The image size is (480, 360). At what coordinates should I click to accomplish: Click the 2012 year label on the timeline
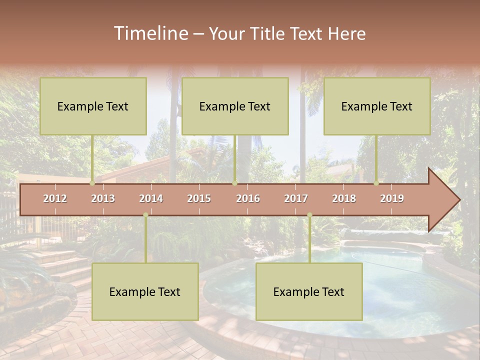click(55, 198)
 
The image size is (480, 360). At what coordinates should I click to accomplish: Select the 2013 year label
click(103, 198)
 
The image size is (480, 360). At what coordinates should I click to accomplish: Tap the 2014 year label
click(151, 198)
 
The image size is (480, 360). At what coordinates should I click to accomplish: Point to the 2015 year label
click(199, 198)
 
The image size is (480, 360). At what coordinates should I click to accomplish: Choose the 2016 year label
click(248, 198)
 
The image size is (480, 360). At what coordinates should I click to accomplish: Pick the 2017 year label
click(296, 198)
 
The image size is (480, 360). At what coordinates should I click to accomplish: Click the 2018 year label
click(344, 198)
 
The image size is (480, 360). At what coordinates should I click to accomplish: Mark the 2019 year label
click(392, 198)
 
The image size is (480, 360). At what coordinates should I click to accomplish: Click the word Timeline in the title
click(150, 33)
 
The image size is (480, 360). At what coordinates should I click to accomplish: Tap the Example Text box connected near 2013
click(93, 106)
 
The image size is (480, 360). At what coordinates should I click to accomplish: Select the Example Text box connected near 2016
click(235, 106)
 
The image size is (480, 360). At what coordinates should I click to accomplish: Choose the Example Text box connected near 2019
click(377, 106)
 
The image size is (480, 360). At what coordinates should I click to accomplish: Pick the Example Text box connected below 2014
click(145, 291)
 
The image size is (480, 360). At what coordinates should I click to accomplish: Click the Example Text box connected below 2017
click(309, 291)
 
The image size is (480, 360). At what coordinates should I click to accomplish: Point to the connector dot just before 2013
click(92, 183)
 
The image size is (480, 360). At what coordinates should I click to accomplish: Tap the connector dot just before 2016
click(235, 183)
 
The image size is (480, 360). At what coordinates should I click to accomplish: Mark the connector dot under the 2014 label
click(145, 215)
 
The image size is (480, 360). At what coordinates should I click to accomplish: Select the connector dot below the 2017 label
click(309, 215)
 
